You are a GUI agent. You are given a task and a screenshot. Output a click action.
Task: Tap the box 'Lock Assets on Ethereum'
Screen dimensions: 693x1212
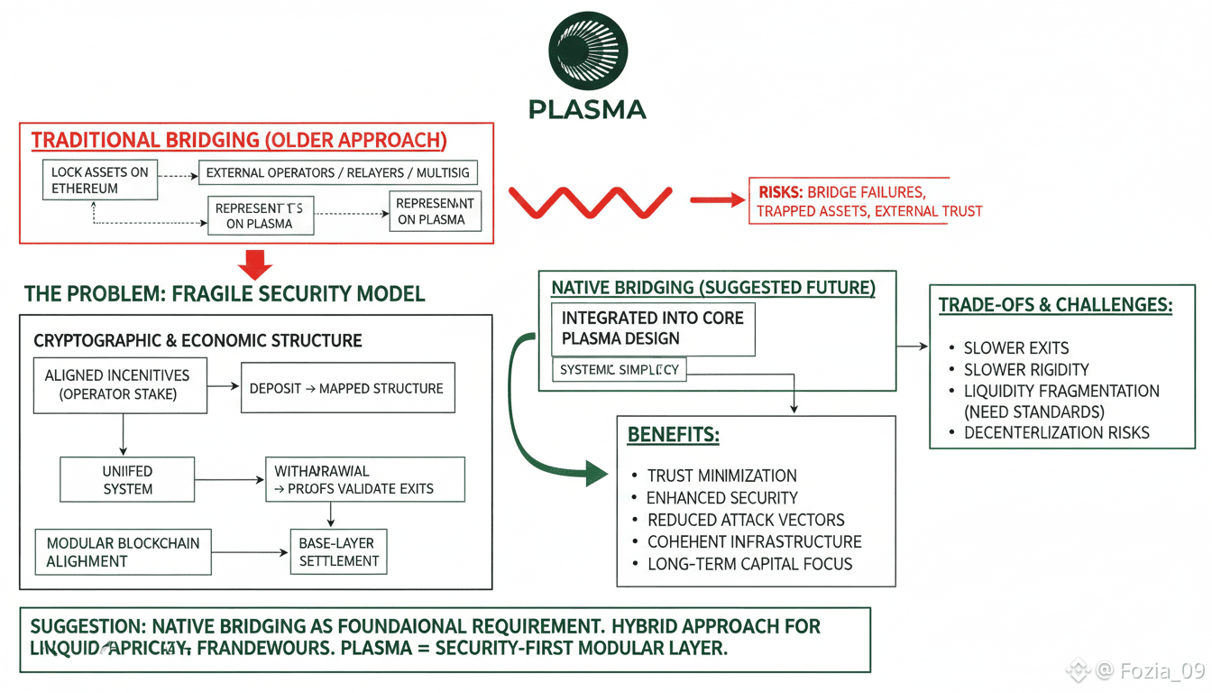point(99,180)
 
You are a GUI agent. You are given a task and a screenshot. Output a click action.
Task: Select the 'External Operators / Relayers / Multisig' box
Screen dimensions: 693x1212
point(337,172)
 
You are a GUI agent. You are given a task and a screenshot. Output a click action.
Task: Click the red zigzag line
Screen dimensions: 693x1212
point(590,200)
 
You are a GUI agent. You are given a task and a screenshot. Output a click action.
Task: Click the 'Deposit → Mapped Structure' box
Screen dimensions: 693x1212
point(347,388)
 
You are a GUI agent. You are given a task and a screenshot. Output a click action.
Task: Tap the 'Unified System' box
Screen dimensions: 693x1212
point(127,480)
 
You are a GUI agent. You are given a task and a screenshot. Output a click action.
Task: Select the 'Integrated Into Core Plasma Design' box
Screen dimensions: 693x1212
point(653,328)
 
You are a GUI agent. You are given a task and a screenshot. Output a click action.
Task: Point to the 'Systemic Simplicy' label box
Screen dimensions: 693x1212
point(619,370)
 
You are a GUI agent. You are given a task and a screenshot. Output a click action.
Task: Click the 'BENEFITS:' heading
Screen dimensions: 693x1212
point(673,435)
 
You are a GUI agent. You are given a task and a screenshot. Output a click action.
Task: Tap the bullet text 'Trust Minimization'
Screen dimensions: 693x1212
point(721,476)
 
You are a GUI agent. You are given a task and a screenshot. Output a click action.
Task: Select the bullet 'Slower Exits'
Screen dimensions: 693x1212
point(1016,348)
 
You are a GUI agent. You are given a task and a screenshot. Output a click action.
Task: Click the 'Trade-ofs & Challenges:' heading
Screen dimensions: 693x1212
point(1055,305)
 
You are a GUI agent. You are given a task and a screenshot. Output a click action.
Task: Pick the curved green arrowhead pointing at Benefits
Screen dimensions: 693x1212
point(596,472)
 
